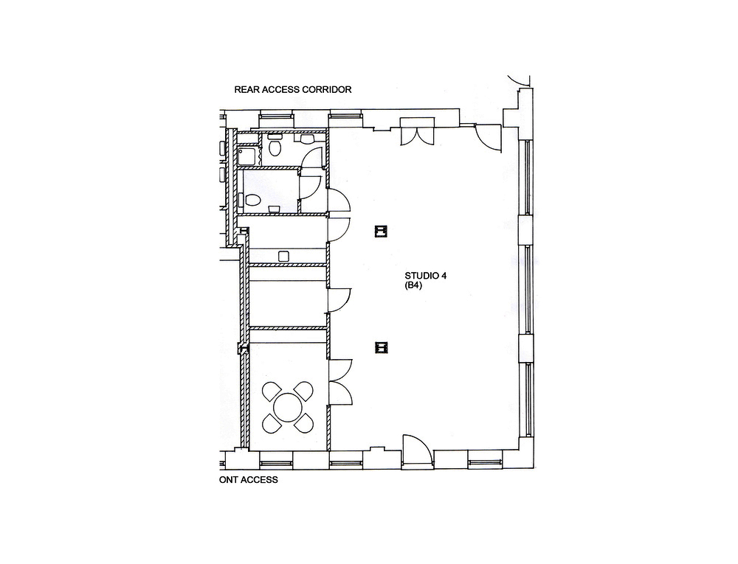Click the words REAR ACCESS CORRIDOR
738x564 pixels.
(293, 89)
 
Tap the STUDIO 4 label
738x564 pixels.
(426, 276)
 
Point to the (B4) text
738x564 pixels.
(413, 285)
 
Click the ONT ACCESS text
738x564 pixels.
(249, 480)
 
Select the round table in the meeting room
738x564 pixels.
(288, 407)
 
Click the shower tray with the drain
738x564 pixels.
(246, 156)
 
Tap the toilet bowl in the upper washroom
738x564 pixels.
(275, 147)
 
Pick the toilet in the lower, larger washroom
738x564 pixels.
(251, 201)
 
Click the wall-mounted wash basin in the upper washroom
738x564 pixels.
(307, 139)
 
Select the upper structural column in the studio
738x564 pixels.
(381, 231)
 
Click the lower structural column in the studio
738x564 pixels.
(382, 347)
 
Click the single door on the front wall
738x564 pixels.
(417, 450)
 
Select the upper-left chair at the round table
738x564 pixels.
(272, 391)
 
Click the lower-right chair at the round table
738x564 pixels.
(303, 423)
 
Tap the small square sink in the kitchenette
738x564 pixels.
(284, 256)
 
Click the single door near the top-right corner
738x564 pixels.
(488, 137)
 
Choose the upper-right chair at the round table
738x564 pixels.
(303, 391)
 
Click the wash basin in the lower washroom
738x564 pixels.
(275, 208)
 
